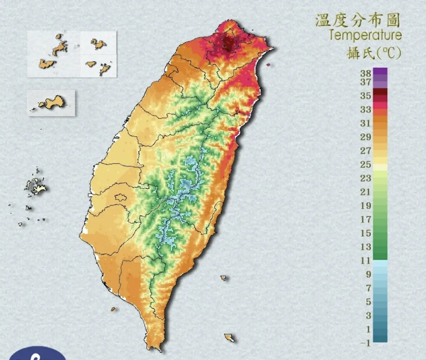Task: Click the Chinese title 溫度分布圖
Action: [358, 20]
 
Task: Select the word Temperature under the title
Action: [365, 36]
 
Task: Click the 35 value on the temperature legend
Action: [365, 96]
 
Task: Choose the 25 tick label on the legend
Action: [365, 165]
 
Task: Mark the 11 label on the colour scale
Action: [365, 261]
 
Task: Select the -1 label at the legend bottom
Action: [365, 343]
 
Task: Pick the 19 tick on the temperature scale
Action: [365, 206]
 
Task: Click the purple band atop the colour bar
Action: [380, 71]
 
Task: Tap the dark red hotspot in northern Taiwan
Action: [229, 43]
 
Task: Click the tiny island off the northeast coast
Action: [268, 64]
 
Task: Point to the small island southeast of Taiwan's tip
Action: [229, 337]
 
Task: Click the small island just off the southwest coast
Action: [113, 309]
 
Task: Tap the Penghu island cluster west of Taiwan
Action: [36, 187]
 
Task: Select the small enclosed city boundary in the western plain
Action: [121, 198]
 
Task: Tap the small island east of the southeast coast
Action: [223, 277]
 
